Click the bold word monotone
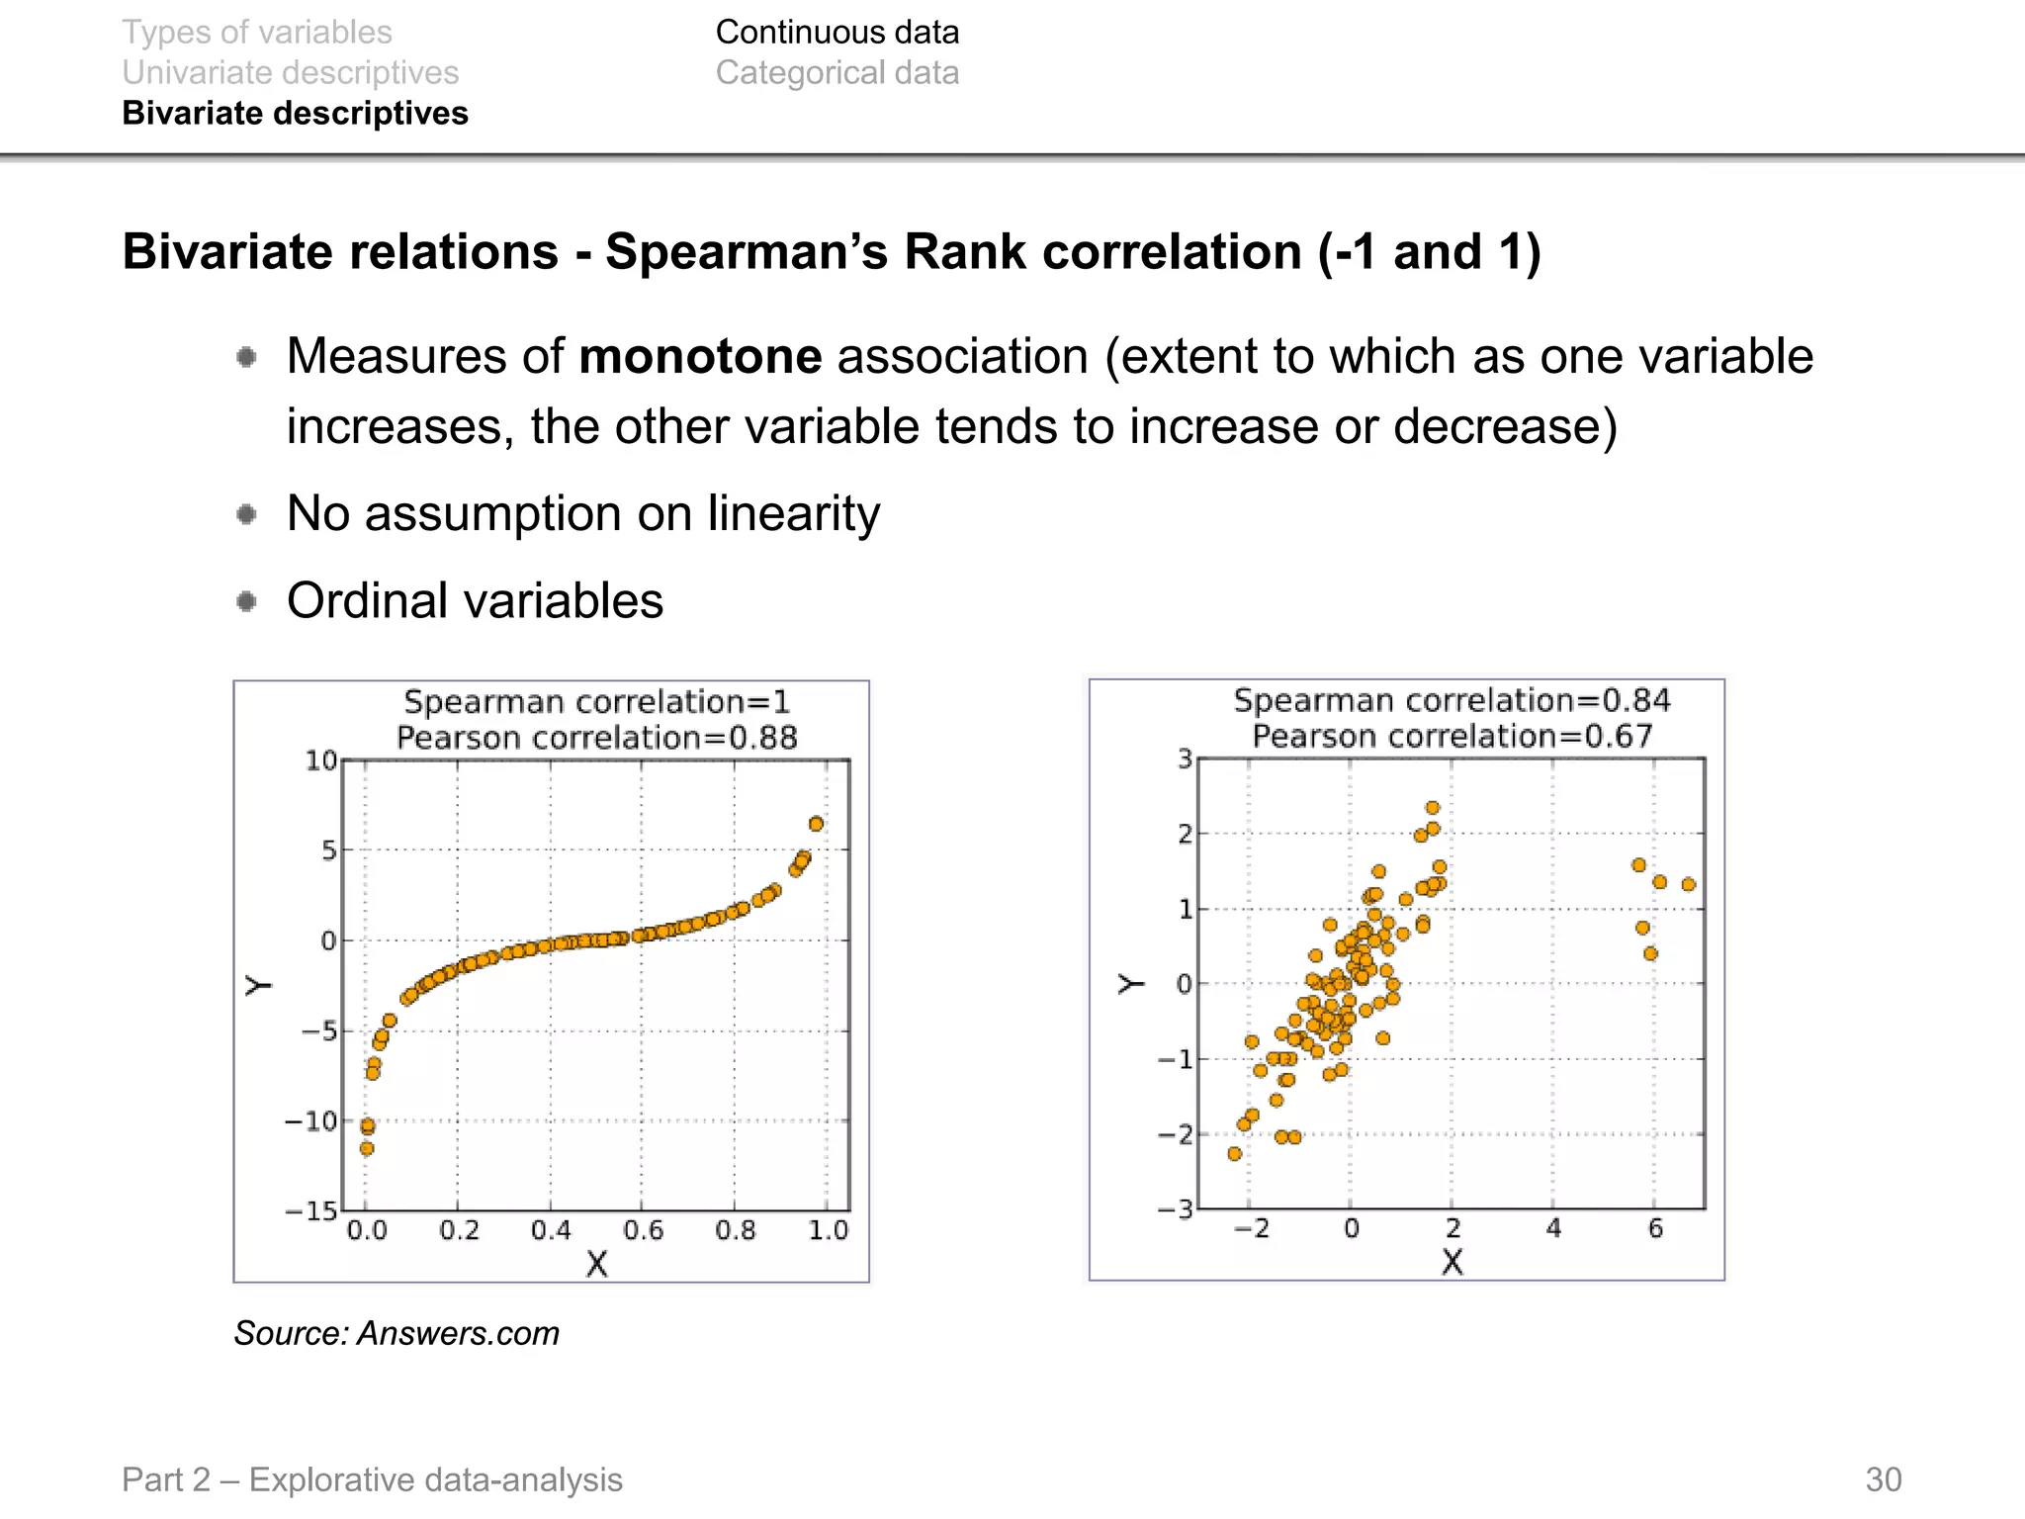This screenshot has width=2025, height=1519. (x=700, y=357)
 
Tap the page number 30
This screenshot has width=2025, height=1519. (x=1883, y=1479)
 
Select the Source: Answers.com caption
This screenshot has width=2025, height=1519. (x=396, y=1333)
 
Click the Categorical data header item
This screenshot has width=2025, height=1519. (x=836, y=73)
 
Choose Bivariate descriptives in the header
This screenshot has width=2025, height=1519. (x=295, y=114)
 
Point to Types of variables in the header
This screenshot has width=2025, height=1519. (x=257, y=33)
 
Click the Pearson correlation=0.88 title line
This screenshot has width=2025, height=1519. (x=596, y=738)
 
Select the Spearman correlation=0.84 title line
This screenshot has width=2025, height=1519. (x=1451, y=700)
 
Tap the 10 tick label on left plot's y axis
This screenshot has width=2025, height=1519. (x=320, y=760)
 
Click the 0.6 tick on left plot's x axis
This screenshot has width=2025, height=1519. (x=643, y=1230)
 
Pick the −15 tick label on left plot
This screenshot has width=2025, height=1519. (x=311, y=1211)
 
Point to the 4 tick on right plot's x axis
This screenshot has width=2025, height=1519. (x=1553, y=1228)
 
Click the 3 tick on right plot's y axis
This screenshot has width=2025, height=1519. (x=1185, y=759)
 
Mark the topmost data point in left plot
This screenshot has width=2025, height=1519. (x=816, y=824)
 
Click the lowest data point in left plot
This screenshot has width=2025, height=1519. (x=367, y=1148)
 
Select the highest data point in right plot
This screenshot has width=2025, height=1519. (x=1433, y=808)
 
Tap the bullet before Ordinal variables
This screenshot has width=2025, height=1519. (x=247, y=601)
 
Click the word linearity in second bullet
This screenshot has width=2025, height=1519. (x=793, y=514)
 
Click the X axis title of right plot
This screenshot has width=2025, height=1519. (x=1452, y=1262)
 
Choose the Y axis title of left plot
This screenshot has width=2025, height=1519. (x=258, y=985)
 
